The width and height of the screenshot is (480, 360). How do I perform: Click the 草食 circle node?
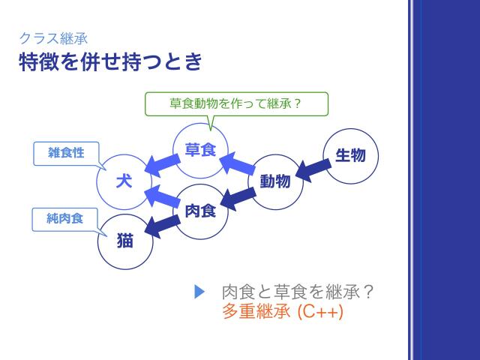click(x=200, y=150)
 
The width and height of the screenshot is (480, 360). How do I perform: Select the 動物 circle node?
click(x=275, y=181)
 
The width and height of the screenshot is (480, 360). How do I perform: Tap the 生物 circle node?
click(x=350, y=156)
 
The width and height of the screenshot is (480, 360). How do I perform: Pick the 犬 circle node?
click(x=124, y=181)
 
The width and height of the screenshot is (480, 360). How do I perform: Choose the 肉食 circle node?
click(x=200, y=211)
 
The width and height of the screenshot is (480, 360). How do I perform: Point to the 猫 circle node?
click(x=124, y=241)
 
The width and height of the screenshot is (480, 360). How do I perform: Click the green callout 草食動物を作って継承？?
click(x=235, y=103)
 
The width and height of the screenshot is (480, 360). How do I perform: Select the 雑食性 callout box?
click(x=66, y=152)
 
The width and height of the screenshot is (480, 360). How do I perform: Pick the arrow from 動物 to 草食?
click(x=238, y=163)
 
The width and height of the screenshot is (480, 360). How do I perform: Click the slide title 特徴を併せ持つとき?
click(x=110, y=61)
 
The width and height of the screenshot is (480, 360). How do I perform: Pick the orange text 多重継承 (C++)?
click(x=283, y=312)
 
